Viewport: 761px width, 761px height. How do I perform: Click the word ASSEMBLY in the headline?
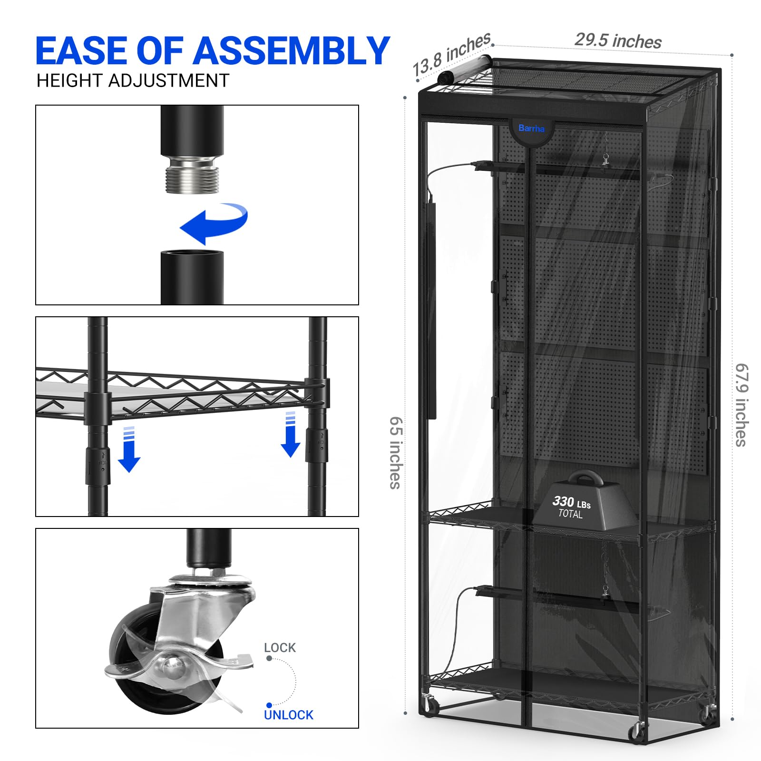tap(291, 50)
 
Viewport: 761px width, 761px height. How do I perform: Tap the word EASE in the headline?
tap(83, 50)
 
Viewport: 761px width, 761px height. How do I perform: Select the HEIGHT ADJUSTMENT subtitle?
tap(133, 81)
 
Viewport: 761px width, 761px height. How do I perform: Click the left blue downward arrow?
tap(129, 449)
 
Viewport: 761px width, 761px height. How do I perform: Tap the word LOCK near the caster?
tap(280, 647)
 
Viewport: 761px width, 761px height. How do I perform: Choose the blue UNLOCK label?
tap(289, 715)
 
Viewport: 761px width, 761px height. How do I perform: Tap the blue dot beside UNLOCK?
tap(269, 705)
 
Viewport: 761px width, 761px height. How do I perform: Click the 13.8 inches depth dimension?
tap(451, 55)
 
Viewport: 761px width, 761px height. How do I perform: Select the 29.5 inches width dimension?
tap(618, 40)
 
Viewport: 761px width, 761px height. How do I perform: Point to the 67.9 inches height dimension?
tap(741, 405)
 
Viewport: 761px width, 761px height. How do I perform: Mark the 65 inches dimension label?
tap(396, 453)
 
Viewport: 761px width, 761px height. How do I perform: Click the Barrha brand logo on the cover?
tap(531, 128)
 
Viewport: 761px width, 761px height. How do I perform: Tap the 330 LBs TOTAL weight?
tap(571, 507)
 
